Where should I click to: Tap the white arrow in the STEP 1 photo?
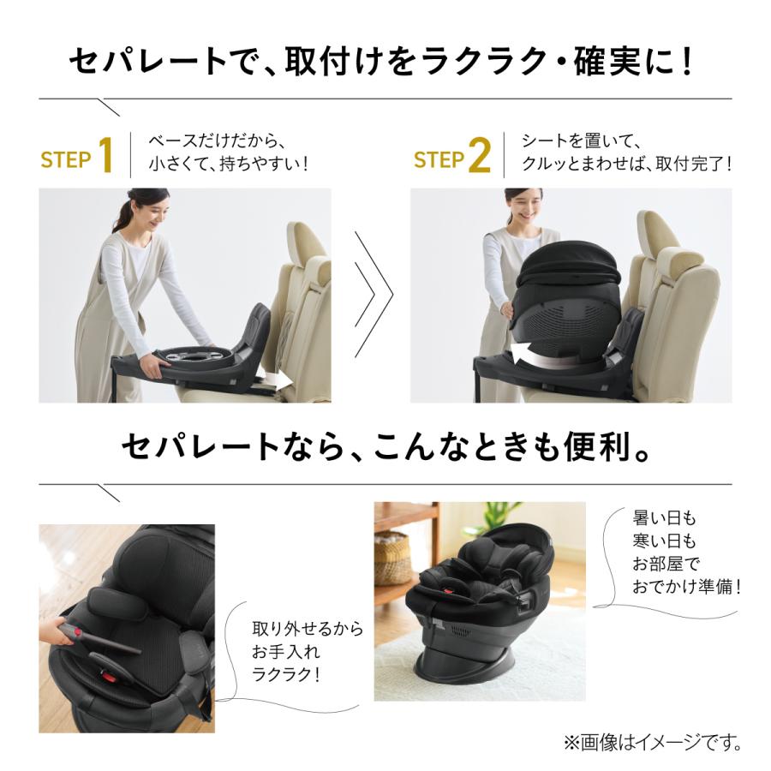pos(276,378)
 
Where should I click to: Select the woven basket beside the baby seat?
pos(391,558)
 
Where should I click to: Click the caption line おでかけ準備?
pos(685,587)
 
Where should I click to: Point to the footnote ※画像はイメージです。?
pos(651,741)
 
